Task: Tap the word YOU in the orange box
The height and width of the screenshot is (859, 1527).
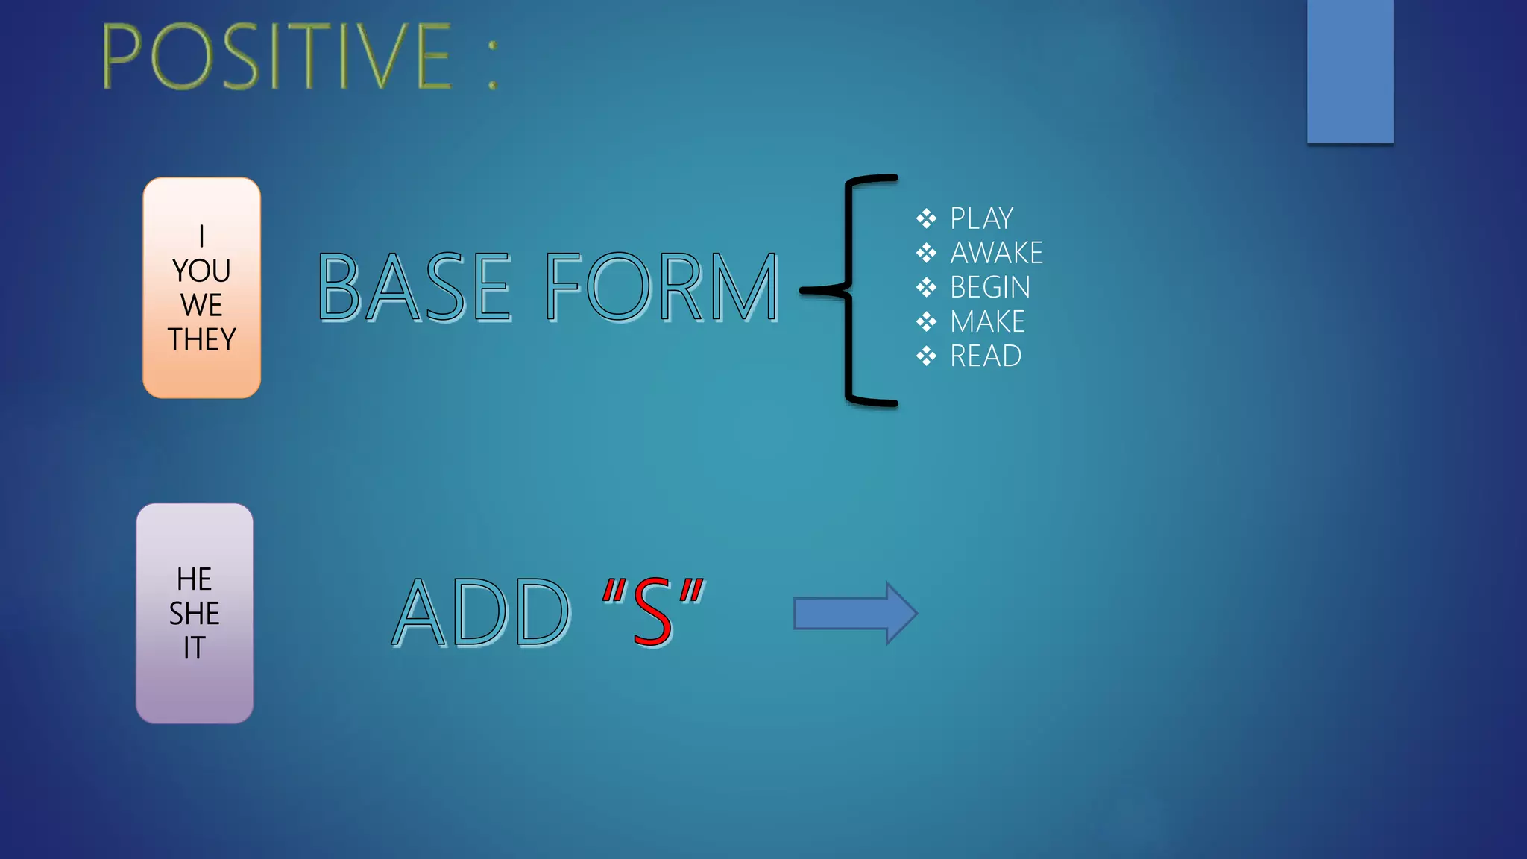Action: coord(201,271)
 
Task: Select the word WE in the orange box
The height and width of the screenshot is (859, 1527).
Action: coord(201,305)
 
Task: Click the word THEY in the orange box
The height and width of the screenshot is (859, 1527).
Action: coord(201,339)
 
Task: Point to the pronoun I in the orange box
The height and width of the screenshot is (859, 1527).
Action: coord(201,236)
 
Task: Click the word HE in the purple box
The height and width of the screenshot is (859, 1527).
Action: coord(195,579)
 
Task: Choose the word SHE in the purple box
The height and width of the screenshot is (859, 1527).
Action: coord(195,614)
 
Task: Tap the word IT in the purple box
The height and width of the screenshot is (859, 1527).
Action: coord(195,648)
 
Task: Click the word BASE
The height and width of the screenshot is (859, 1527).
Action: coord(415,288)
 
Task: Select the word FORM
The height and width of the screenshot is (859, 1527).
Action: coord(662,288)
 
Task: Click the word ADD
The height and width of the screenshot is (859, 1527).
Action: coord(481,613)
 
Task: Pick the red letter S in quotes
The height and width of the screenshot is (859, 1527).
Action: coord(652,613)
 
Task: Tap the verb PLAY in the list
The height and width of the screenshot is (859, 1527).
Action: coord(981,218)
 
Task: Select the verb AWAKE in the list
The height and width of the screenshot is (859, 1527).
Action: coord(996,253)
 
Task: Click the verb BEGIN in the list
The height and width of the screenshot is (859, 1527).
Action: coord(990,287)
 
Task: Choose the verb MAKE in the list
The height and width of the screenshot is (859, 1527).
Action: coord(987,321)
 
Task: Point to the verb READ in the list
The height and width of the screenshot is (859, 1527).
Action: coord(986,356)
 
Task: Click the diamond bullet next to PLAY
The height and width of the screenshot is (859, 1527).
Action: coord(926,218)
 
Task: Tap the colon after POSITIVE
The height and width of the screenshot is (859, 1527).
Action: coord(492,64)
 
